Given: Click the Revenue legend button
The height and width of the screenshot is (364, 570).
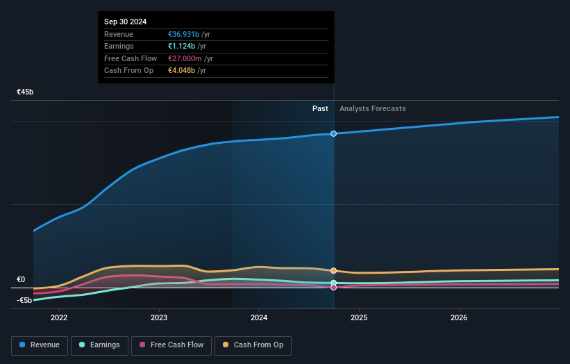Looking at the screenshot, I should point(40,345).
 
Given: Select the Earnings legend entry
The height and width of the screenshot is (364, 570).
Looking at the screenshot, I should point(99,345).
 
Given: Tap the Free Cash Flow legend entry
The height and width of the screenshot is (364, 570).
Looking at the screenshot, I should point(171,345).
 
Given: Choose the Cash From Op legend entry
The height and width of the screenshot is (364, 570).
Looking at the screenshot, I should point(253,345).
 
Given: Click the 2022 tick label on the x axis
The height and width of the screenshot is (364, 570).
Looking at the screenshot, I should point(59,318).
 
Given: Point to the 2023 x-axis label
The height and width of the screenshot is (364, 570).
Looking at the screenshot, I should point(159,318).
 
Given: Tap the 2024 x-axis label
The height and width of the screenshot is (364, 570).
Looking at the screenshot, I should point(259,318).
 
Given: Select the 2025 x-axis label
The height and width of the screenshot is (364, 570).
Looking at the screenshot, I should point(359,318).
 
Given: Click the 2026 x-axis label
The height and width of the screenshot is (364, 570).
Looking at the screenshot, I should point(459,318).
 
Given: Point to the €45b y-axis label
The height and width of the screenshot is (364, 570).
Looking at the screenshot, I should point(26,92).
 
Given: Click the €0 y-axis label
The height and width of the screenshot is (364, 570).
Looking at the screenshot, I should point(21,279).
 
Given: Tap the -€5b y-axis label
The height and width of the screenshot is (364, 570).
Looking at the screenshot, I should point(24,300).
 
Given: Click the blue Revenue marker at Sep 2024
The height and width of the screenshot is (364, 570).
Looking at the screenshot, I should point(334,133).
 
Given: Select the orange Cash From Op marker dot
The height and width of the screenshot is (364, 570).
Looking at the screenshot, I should point(334,271).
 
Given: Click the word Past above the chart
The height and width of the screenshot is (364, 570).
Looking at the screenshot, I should point(320,108).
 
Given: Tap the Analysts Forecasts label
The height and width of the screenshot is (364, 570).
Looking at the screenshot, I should point(372,108).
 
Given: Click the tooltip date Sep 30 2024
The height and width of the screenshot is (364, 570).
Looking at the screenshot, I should point(126,22).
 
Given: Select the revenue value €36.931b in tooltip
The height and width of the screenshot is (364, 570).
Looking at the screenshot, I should point(183,34).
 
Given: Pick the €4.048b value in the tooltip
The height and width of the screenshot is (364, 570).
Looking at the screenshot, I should point(181,70).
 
